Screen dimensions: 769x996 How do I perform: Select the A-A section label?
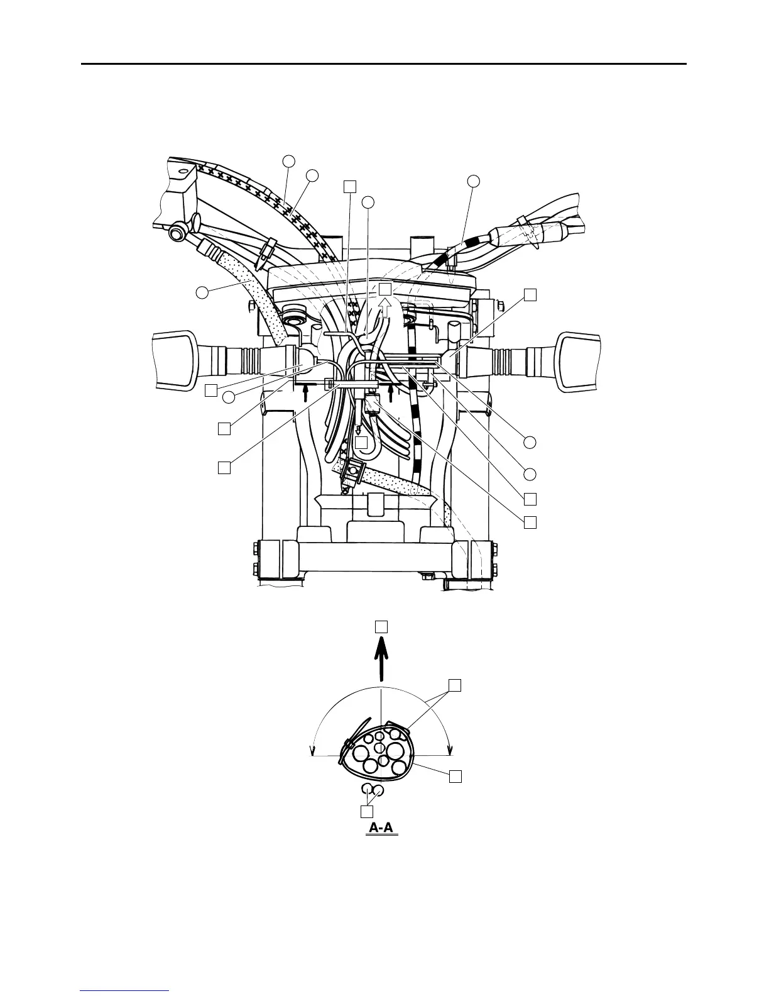pos(381,828)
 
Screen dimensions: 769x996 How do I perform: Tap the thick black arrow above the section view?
pos(381,661)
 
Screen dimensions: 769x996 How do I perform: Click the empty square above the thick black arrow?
pos(381,626)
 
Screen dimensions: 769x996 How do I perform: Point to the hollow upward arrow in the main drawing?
pos(385,309)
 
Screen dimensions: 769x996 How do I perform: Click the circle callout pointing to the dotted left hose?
pos(202,292)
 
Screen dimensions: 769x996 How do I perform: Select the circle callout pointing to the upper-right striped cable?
pos(474,181)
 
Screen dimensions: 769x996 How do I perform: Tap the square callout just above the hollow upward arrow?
pos(385,289)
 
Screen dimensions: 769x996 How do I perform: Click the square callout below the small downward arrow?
pos(361,443)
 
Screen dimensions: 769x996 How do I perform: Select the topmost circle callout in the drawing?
pos(288,161)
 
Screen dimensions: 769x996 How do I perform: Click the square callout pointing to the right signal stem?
pos(531,294)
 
